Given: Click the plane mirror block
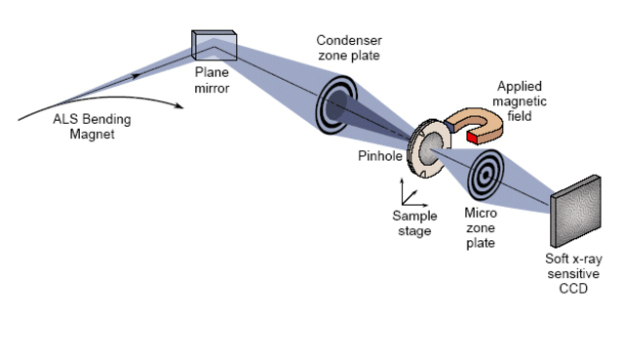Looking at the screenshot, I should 214,42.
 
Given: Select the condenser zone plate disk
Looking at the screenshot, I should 336,106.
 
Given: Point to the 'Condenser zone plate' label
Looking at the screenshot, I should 349,48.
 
